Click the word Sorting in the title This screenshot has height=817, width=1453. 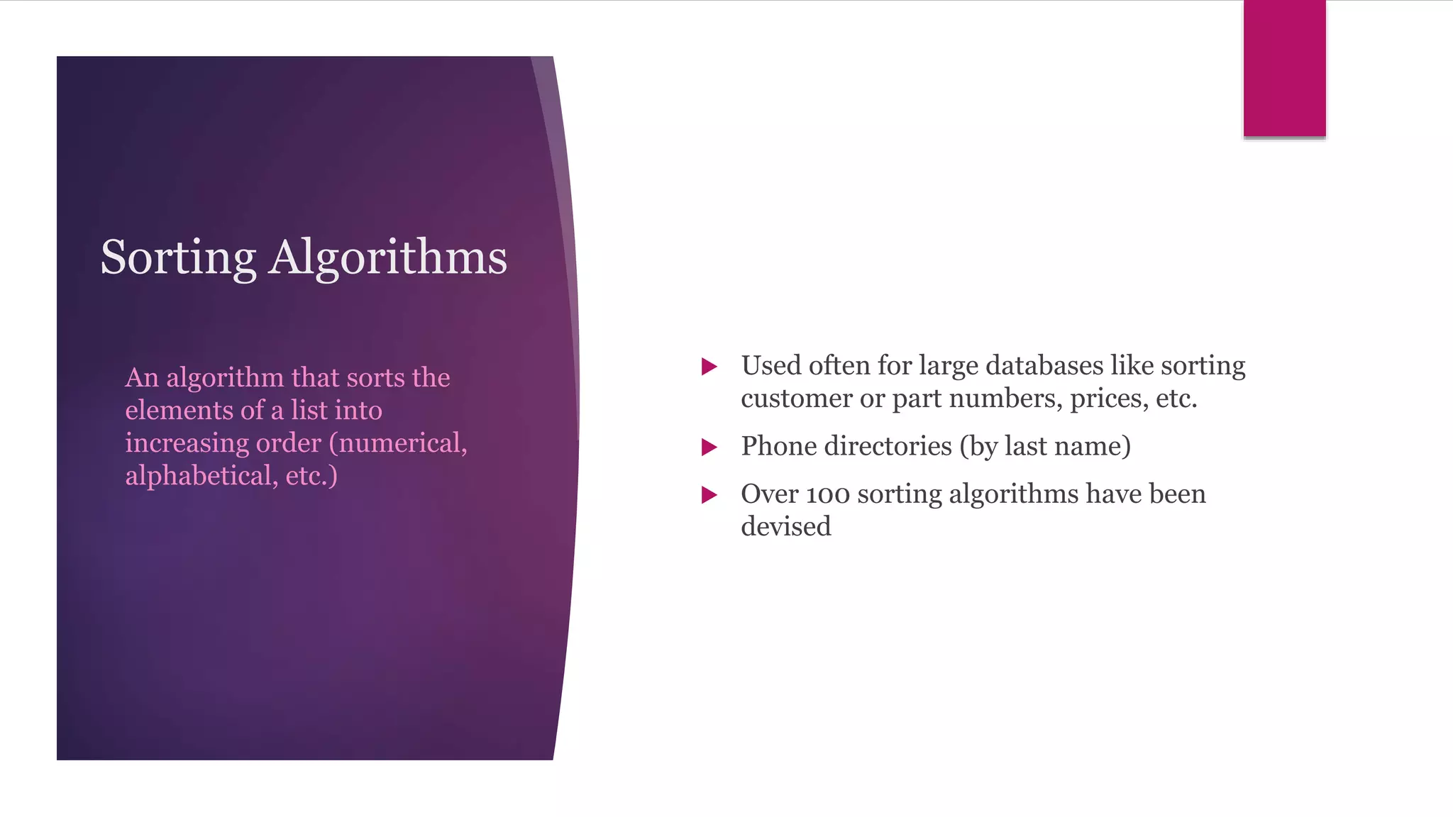click(178, 258)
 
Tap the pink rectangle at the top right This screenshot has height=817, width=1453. click(1284, 68)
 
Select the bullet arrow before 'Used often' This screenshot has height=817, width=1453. click(709, 367)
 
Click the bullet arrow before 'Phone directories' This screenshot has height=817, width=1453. click(709, 447)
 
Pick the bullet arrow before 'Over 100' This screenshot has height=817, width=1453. click(709, 495)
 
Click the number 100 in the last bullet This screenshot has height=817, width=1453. click(828, 494)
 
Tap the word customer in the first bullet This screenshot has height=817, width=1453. click(796, 399)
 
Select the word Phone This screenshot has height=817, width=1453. click(775, 446)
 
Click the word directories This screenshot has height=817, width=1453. click(888, 446)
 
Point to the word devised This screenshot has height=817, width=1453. click(785, 527)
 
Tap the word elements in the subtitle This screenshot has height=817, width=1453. click(179, 411)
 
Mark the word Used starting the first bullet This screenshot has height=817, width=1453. click(770, 366)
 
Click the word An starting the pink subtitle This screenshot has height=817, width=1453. click(142, 378)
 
